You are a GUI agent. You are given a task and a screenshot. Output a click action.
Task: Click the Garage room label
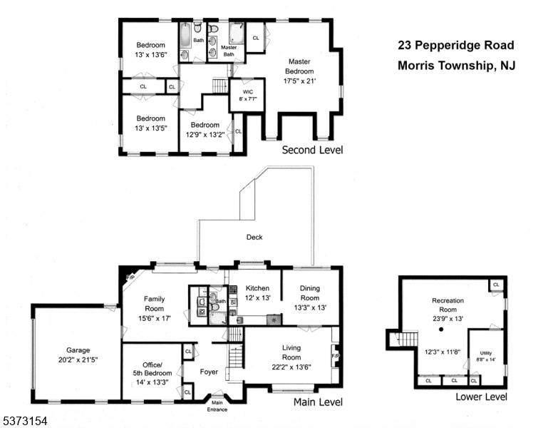[x=78, y=350]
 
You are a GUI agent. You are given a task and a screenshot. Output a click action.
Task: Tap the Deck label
[x=254, y=237]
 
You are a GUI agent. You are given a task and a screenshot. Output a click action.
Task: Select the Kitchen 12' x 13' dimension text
[x=257, y=297]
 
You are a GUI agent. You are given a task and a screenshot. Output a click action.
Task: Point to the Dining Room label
[x=310, y=293]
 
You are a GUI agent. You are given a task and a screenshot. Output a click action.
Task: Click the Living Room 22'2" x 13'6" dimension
[x=291, y=367]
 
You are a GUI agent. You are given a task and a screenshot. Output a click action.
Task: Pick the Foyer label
[x=209, y=372]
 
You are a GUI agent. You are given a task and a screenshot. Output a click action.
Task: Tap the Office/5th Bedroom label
[x=152, y=369]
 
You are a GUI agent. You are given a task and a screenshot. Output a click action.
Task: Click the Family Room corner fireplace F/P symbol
[x=130, y=277]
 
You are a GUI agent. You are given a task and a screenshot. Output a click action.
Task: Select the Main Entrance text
[x=217, y=406]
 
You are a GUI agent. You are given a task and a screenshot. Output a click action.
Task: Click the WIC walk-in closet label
[x=248, y=92]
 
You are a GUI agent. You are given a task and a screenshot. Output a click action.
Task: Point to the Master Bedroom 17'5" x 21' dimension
[x=299, y=81]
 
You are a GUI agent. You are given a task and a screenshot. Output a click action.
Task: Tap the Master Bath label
[x=229, y=51]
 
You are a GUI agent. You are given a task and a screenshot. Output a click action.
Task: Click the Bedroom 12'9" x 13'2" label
[x=205, y=130]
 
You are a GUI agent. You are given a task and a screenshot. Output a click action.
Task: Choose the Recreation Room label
[x=448, y=305]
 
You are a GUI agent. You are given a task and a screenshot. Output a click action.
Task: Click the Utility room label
[x=486, y=353]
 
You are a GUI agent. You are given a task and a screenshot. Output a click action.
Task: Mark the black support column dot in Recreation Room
[x=441, y=330]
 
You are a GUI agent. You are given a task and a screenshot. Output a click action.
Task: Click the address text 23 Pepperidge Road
[x=456, y=45]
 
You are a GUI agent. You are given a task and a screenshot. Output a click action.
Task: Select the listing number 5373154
[x=24, y=421]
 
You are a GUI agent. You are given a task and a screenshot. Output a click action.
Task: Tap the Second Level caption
[x=312, y=150]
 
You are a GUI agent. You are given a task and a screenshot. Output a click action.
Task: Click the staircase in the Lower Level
[x=406, y=339]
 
